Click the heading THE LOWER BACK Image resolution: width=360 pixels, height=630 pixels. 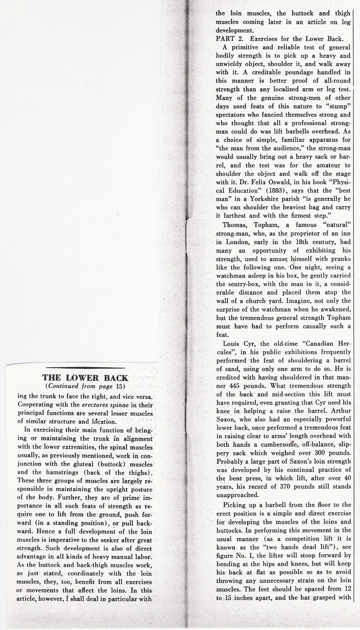[x=86, y=378]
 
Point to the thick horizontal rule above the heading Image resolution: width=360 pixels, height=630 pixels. [x=86, y=367]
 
